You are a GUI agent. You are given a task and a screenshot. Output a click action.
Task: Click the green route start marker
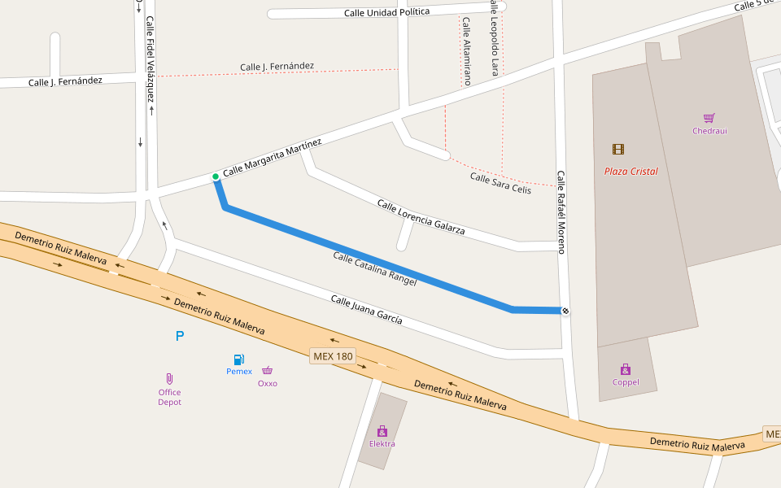(x=216, y=176)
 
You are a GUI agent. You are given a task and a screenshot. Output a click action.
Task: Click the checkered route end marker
(x=565, y=311)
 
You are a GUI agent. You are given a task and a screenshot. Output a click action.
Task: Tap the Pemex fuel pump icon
(x=239, y=359)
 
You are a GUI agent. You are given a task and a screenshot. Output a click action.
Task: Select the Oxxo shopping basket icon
(x=267, y=371)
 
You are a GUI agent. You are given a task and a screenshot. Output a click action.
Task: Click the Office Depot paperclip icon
(x=169, y=379)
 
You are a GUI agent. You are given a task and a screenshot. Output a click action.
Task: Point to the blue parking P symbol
(x=180, y=336)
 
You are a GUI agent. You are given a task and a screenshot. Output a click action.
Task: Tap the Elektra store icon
(x=382, y=431)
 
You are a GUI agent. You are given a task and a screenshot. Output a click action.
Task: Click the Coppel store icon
(x=626, y=369)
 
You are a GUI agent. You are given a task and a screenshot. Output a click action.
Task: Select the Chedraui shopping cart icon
(x=709, y=118)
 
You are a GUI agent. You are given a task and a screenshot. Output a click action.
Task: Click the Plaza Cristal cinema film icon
(x=618, y=149)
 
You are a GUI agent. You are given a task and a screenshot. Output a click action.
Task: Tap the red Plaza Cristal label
(x=630, y=172)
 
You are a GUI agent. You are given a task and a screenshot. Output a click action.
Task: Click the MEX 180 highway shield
(x=334, y=356)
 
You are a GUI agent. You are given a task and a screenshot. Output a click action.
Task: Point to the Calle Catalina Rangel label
(x=374, y=269)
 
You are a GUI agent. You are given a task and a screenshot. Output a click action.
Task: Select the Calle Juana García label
(x=366, y=310)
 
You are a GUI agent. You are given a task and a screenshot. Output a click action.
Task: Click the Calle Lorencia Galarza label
(x=421, y=217)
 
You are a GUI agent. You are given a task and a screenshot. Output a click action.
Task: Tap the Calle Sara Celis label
(x=500, y=183)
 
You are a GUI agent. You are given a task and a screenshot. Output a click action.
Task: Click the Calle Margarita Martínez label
(x=273, y=158)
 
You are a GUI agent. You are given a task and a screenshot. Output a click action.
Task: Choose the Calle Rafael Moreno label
(x=561, y=211)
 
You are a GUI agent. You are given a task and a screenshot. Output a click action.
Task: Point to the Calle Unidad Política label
(x=386, y=12)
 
